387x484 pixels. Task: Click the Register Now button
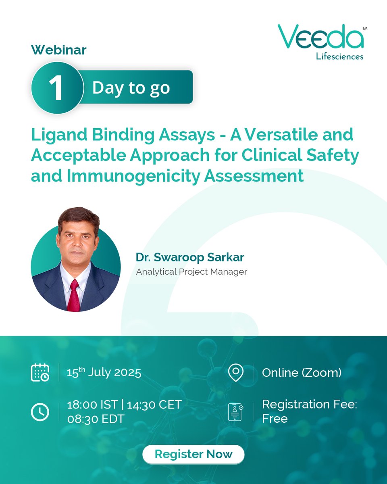(x=193, y=454)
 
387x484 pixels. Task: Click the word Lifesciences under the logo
(x=340, y=56)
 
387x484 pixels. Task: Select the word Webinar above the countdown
(x=59, y=50)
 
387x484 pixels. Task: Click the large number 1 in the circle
(x=56, y=88)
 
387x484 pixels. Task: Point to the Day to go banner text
(x=131, y=88)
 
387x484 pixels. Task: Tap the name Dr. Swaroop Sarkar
(x=190, y=257)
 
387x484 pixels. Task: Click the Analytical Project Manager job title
(x=191, y=272)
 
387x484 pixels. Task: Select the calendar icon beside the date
(x=40, y=372)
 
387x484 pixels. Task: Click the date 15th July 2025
(x=104, y=372)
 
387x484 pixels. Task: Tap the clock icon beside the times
(x=40, y=412)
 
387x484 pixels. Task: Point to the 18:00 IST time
(x=92, y=405)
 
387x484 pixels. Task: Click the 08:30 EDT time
(x=96, y=419)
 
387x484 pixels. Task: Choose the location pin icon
(x=235, y=372)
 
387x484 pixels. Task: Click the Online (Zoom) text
(x=302, y=372)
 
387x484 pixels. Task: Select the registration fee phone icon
(x=235, y=412)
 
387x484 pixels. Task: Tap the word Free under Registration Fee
(x=275, y=419)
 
